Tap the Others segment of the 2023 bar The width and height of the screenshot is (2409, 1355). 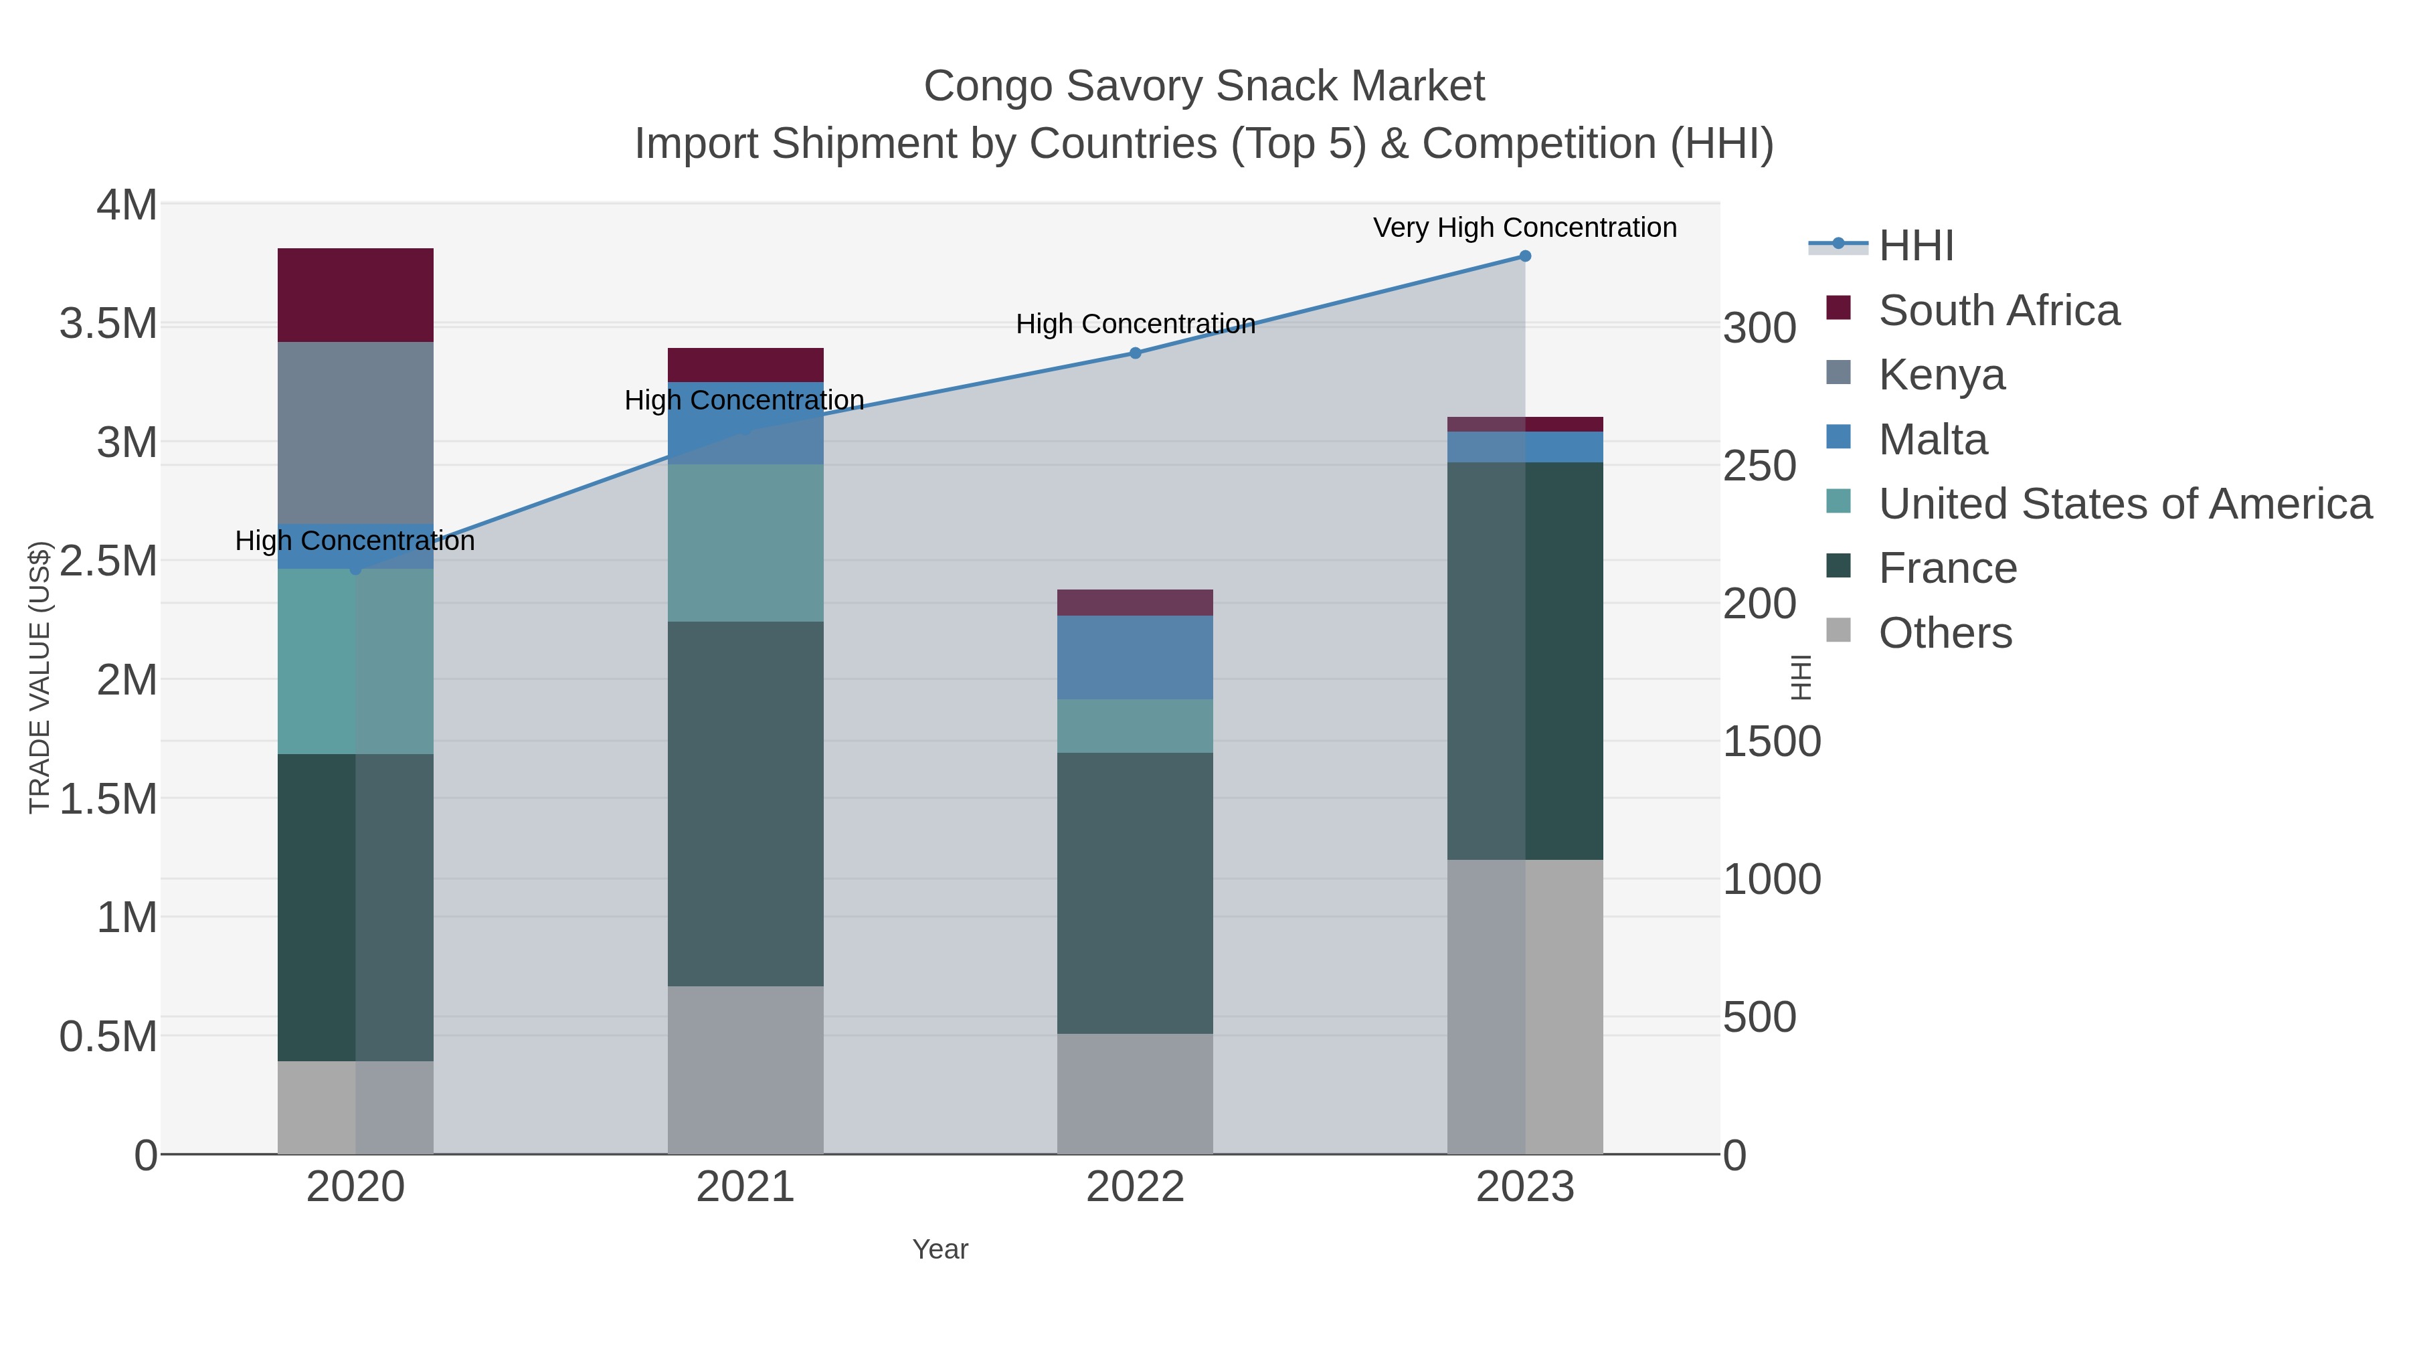[1524, 1006]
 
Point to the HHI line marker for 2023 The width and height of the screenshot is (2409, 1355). [1524, 256]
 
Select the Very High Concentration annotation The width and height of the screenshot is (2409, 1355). [1524, 228]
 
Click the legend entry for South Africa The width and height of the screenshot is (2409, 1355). [1997, 310]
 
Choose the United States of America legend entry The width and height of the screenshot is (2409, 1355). [2124, 504]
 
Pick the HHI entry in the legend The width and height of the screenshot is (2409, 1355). [1915, 246]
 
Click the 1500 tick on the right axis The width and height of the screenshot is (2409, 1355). [1771, 741]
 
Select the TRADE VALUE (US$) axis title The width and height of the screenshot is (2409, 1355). [39, 678]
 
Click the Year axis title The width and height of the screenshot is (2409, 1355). [940, 1249]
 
